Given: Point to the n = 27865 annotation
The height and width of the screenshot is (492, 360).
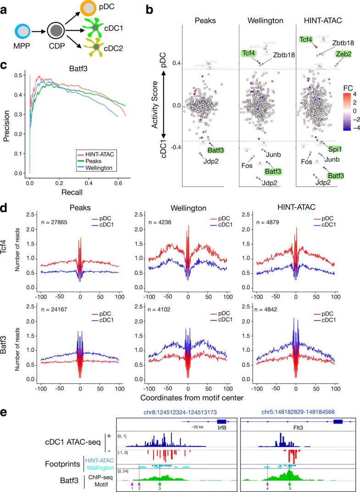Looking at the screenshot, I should coord(42,215).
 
